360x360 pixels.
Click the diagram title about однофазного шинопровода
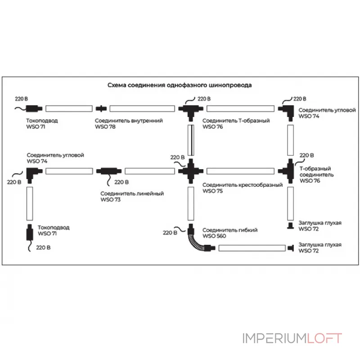click(x=179, y=85)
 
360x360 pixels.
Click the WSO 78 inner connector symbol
click(x=102, y=108)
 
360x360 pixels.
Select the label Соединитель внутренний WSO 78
click(x=128, y=124)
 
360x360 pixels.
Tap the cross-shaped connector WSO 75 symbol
click(x=191, y=171)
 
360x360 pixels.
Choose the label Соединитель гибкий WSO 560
click(x=229, y=233)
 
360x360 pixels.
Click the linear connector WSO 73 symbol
click(x=108, y=171)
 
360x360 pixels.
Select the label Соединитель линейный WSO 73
click(x=132, y=196)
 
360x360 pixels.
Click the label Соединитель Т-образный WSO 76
click(x=236, y=124)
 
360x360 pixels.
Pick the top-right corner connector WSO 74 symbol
click(x=287, y=109)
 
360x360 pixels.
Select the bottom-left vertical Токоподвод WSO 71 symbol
click(x=30, y=232)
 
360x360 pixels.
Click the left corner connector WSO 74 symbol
click(x=32, y=171)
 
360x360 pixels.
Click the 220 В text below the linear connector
click(x=121, y=182)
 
